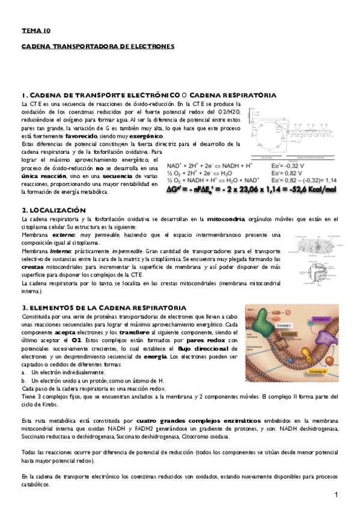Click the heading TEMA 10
pos(36,29)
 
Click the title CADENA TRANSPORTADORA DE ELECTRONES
pos(97,46)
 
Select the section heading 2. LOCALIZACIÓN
pos(53,210)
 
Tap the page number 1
pos(337,494)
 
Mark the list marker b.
pos(23,381)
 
